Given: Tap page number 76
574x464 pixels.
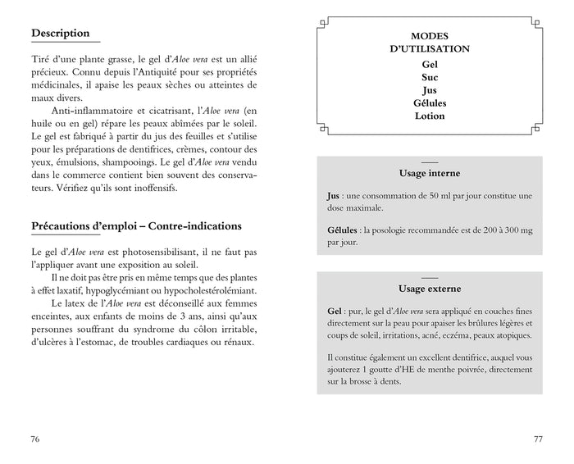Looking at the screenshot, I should click(x=35, y=439).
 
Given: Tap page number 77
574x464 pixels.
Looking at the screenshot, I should click(x=538, y=439).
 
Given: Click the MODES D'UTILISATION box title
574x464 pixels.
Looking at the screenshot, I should click(x=429, y=43).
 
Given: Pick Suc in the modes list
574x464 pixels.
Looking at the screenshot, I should click(x=429, y=76).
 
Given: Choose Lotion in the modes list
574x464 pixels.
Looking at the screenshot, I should click(x=429, y=116).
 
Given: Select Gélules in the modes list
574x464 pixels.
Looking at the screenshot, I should click(x=429, y=102).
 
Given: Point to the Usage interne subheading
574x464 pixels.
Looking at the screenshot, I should click(x=429, y=174).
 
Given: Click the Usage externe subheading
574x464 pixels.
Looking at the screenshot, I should click(x=429, y=289).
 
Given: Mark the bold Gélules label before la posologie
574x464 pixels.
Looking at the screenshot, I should click(x=342, y=230).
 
